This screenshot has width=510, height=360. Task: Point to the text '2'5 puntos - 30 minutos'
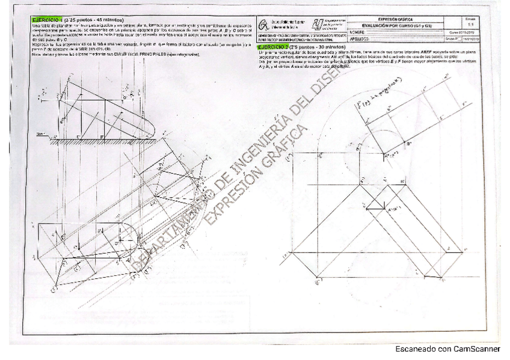pyautogui.click(x=319, y=46)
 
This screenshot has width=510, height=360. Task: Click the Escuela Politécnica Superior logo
pyautogui.click(x=264, y=25)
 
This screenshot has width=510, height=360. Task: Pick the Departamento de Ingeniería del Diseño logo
pyautogui.click(x=316, y=24)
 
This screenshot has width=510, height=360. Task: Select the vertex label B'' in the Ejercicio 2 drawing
pyautogui.click(x=410, y=144)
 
